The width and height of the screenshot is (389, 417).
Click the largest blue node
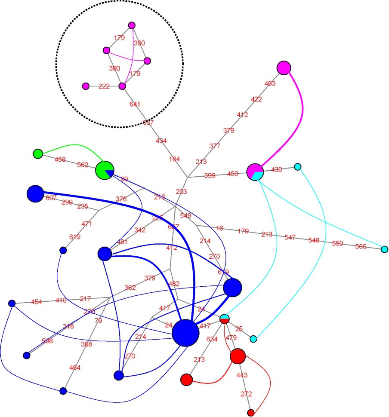185,333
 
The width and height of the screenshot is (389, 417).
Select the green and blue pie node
105,170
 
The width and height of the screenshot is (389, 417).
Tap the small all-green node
38,153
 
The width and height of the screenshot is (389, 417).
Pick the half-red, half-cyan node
224,319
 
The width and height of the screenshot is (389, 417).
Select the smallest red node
251,413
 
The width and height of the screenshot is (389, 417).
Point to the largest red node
238,356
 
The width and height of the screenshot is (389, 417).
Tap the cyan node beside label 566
385,249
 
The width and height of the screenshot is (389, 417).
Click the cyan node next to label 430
297,167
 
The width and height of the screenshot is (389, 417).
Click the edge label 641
135,104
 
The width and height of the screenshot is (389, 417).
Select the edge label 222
104,86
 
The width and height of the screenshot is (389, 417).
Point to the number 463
269,83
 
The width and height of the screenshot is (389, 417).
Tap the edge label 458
60,159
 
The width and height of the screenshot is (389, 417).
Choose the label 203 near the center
182,192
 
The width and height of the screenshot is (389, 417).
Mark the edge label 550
337,243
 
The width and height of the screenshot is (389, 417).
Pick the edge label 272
247,394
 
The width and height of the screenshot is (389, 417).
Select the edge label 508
47,341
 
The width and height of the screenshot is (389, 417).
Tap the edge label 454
37,302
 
